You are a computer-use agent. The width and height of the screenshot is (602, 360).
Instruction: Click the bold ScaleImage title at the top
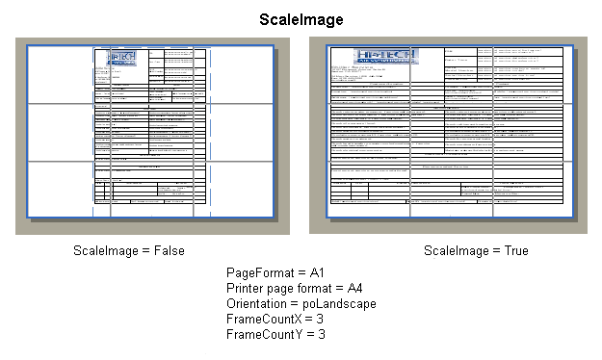pos(301,18)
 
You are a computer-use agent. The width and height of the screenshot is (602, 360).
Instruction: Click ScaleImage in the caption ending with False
pos(106,251)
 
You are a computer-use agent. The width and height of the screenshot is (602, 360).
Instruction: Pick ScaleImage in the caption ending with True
pos(457,251)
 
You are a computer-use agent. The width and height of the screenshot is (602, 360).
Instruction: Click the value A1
pos(319,273)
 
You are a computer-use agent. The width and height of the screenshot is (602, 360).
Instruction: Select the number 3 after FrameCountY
pos(321,335)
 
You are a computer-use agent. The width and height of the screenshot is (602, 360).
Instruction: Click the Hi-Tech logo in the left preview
pos(121,58)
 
